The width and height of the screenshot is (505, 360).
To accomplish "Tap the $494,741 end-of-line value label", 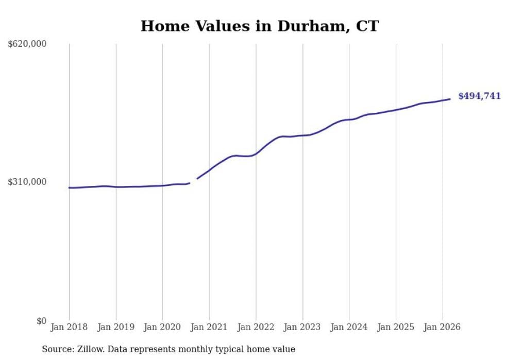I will pyautogui.click(x=479, y=96).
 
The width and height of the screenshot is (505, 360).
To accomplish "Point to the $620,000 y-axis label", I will pyautogui.click(x=27, y=44).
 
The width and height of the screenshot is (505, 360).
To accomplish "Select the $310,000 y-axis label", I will pyautogui.click(x=27, y=182).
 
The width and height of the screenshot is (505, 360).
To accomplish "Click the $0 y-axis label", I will pyautogui.click(x=41, y=321).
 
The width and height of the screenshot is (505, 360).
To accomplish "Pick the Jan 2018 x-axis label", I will pyautogui.click(x=69, y=327).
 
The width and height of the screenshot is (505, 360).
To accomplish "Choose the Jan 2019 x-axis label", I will pyautogui.click(x=115, y=327).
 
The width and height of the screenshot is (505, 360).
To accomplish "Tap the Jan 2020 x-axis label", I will pyautogui.click(x=162, y=327).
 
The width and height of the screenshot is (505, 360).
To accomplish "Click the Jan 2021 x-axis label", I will pyautogui.click(x=209, y=327).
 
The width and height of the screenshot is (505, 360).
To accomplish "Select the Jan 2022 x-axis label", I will pyautogui.click(x=256, y=327).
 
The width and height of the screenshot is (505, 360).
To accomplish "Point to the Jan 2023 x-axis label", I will pyautogui.click(x=302, y=327).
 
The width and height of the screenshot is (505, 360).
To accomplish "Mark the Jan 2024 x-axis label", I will pyautogui.click(x=349, y=327).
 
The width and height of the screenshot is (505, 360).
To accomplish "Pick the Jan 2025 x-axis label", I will pyautogui.click(x=396, y=327).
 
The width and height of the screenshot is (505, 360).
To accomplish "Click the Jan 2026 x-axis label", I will pyautogui.click(x=442, y=327).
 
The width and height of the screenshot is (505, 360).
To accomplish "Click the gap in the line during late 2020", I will pyautogui.click(x=193, y=181).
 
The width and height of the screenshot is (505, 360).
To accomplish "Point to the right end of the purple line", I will pyautogui.click(x=450, y=99).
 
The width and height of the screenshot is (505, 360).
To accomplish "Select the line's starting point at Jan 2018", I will pyautogui.click(x=69, y=187).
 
